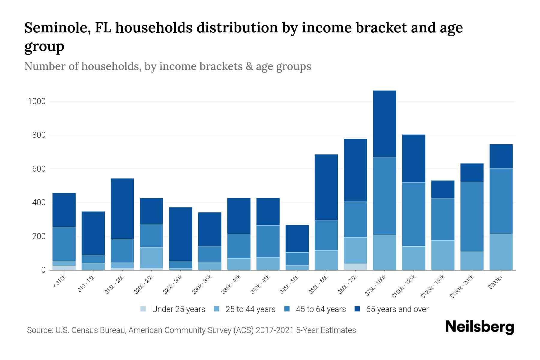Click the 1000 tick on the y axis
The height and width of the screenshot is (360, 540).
(37, 101)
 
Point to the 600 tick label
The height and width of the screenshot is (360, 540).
(39, 169)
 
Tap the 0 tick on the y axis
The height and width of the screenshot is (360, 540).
(43, 270)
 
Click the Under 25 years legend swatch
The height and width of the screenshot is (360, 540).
(143, 309)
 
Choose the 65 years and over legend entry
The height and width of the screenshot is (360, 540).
(397, 309)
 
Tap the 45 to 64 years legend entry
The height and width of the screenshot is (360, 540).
(321, 309)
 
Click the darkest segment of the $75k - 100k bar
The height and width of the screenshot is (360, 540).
(384, 124)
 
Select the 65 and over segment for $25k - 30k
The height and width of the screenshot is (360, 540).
(181, 234)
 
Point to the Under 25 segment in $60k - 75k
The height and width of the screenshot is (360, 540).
(355, 267)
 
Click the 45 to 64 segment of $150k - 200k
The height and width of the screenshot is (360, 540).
(472, 217)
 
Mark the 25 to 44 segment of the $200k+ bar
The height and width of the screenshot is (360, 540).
(501, 252)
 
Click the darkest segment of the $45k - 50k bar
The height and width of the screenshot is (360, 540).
(297, 238)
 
